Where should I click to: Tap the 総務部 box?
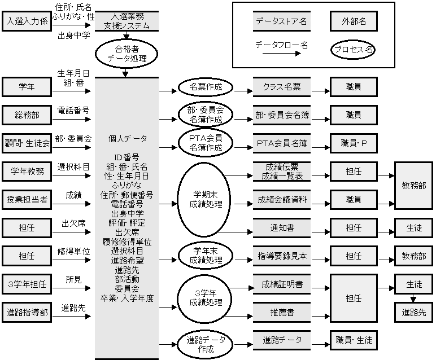click(x=27, y=115)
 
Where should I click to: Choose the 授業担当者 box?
click(x=27, y=199)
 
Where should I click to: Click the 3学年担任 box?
click(x=27, y=284)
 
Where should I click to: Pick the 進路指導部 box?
click(x=27, y=311)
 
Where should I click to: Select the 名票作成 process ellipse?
click(x=206, y=87)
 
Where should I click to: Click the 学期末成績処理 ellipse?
click(x=206, y=199)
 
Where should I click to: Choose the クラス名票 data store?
click(x=281, y=87)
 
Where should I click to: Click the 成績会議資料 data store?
click(x=281, y=199)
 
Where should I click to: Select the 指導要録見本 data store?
click(x=281, y=256)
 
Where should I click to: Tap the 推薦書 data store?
click(x=281, y=311)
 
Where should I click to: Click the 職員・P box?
click(x=354, y=143)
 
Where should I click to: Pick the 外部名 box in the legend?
click(x=354, y=22)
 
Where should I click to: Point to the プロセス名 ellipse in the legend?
click(x=354, y=49)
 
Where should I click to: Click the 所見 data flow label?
click(x=73, y=279)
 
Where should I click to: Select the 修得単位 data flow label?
click(x=73, y=251)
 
